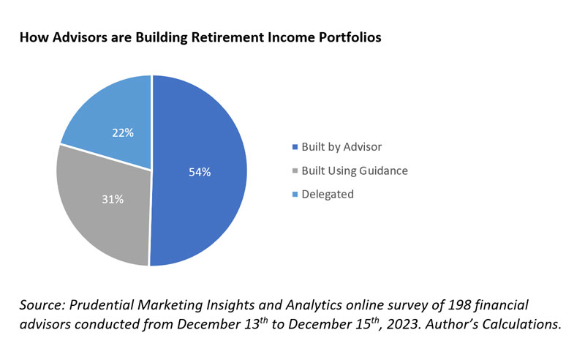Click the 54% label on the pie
click(x=199, y=173)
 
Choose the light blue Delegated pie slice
click(x=110, y=110)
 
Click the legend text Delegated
click(x=328, y=194)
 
